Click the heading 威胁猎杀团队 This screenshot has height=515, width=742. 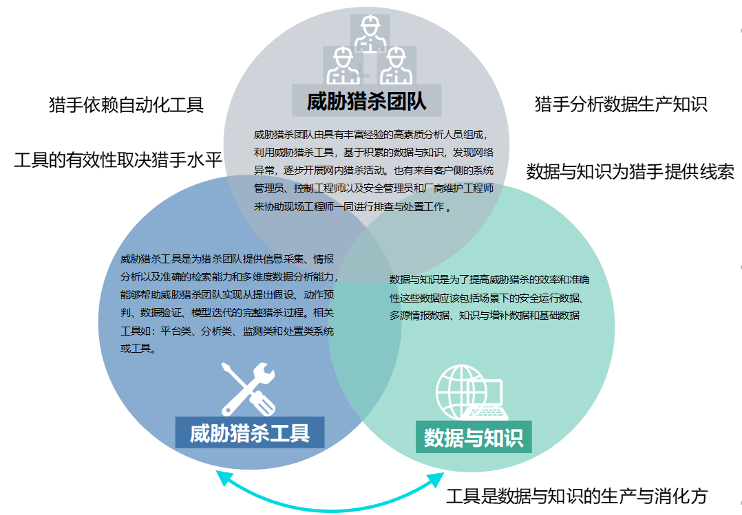(x=366, y=101)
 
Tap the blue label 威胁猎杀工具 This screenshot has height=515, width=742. (x=250, y=432)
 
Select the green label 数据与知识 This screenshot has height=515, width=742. (x=474, y=437)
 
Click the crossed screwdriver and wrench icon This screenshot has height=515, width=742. (x=248, y=388)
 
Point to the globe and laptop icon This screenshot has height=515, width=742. (x=471, y=393)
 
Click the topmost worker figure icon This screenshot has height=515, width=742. (x=370, y=33)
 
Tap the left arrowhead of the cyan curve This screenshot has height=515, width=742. (x=222, y=476)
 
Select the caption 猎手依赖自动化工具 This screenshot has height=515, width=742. (x=127, y=105)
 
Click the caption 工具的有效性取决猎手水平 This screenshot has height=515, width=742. (x=118, y=160)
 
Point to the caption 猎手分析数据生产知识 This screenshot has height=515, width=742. (x=621, y=104)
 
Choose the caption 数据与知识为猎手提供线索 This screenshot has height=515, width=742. (x=630, y=171)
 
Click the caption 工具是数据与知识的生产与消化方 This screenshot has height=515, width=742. (x=577, y=496)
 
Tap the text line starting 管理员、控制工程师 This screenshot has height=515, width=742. (x=374, y=188)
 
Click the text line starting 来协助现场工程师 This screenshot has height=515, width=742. (x=352, y=207)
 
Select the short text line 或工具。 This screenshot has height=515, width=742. (x=138, y=349)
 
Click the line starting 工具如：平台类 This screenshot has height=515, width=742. (x=227, y=331)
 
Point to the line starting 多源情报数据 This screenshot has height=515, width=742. (x=485, y=315)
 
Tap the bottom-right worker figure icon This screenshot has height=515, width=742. (x=396, y=65)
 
